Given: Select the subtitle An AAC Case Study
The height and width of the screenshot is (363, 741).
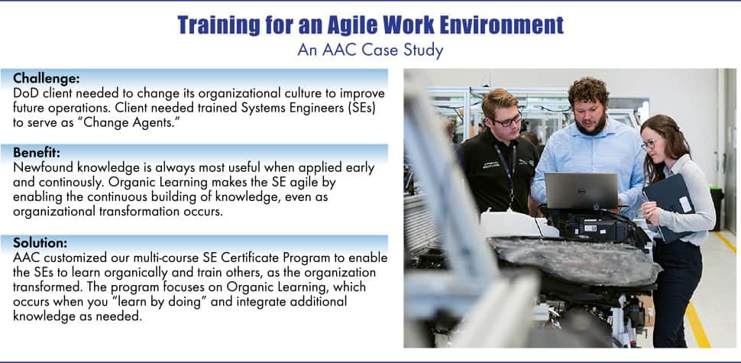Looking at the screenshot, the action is pyautogui.click(x=370, y=50).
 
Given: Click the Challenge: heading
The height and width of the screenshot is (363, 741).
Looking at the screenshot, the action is pyautogui.click(x=47, y=77).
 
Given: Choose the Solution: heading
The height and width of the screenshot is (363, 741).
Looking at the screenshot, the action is pyautogui.click(x=40, y=242).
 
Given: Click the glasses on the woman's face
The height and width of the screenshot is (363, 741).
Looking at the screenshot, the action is pyautogui.click(x=649, y=144).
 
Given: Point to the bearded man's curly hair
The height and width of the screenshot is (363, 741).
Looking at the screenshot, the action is pyautogui.click(x=588, y=92).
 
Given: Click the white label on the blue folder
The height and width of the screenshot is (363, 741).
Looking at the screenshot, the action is pyautogui.click(x=685, y=204).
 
